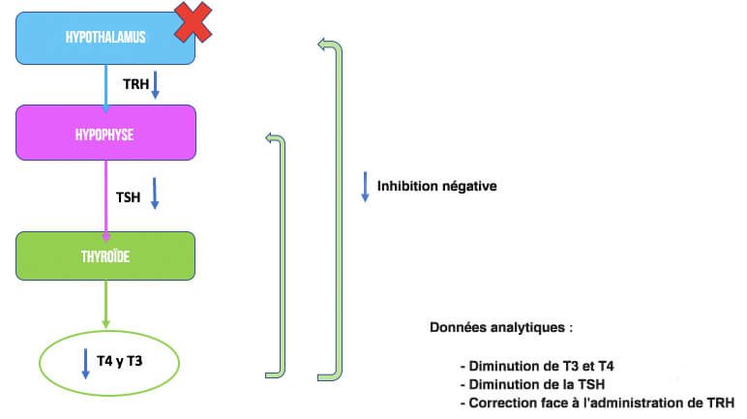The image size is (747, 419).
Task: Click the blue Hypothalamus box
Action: click(x=106, y=38)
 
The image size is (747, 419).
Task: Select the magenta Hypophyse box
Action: click(x=106, y=133)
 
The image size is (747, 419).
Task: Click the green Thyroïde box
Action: click(x=106, y=254)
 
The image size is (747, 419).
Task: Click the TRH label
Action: click(x=135, y=84)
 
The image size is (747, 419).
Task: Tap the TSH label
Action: click(x=129, y=196)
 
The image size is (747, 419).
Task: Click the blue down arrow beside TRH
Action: click(x=156, y=86)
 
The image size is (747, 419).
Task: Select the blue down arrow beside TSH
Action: click(x=153, y=192)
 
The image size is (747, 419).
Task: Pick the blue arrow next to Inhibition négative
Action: click(x=365, y=186)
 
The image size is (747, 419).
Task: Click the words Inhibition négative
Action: click(x=437, y=185)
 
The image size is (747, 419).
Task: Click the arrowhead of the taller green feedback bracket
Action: click(x=322, y=45)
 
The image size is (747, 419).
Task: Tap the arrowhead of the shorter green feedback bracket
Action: click(x=270, y=139)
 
